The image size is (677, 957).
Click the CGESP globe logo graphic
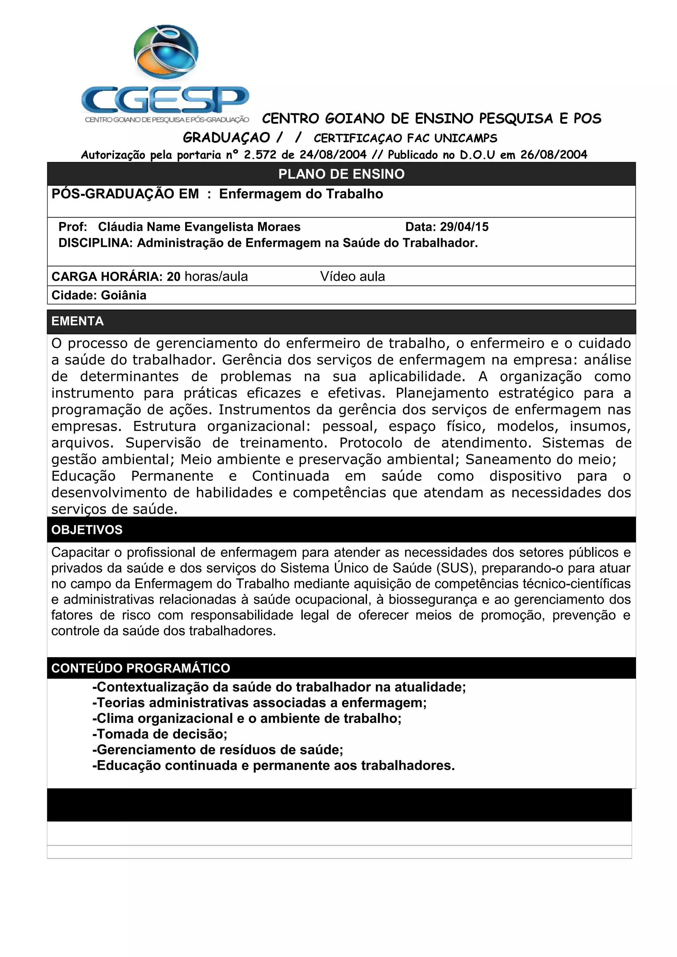coord(166,52)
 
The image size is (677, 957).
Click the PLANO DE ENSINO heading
coord(341,174)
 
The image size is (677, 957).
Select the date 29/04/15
coord(464,227)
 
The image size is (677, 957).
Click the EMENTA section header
coord(78,321)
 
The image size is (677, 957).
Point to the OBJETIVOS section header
coord(87,530)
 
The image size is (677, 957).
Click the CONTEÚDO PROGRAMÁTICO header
coord(140,668)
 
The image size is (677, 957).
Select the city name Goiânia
coord(124,295)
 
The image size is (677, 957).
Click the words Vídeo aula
coord(352,276)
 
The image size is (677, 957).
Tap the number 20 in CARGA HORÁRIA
coord(174,276)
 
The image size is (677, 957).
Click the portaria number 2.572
coord(260,155)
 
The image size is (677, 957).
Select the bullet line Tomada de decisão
coord(160,734)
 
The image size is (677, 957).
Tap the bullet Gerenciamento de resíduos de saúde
coord(218,749)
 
